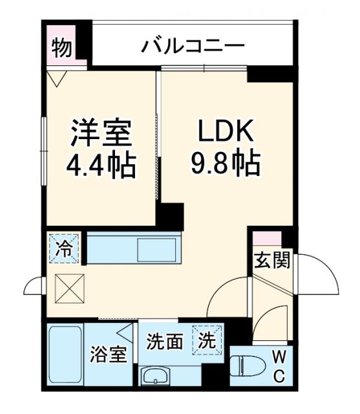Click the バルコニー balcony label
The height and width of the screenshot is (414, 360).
click(x=193, y=47)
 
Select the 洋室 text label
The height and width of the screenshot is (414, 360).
click(x=101, y=134)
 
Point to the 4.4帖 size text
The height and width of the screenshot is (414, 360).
click(x=101, y=165)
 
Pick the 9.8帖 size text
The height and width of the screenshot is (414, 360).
click(x=225, y=165)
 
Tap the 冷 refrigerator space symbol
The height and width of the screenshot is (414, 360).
click(x=65, y=248)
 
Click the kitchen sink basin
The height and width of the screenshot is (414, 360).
click(x=156, y=249)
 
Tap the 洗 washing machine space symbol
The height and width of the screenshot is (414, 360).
click(x=206, y=338)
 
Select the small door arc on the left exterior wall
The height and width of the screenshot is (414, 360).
click(x=32, y=285)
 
